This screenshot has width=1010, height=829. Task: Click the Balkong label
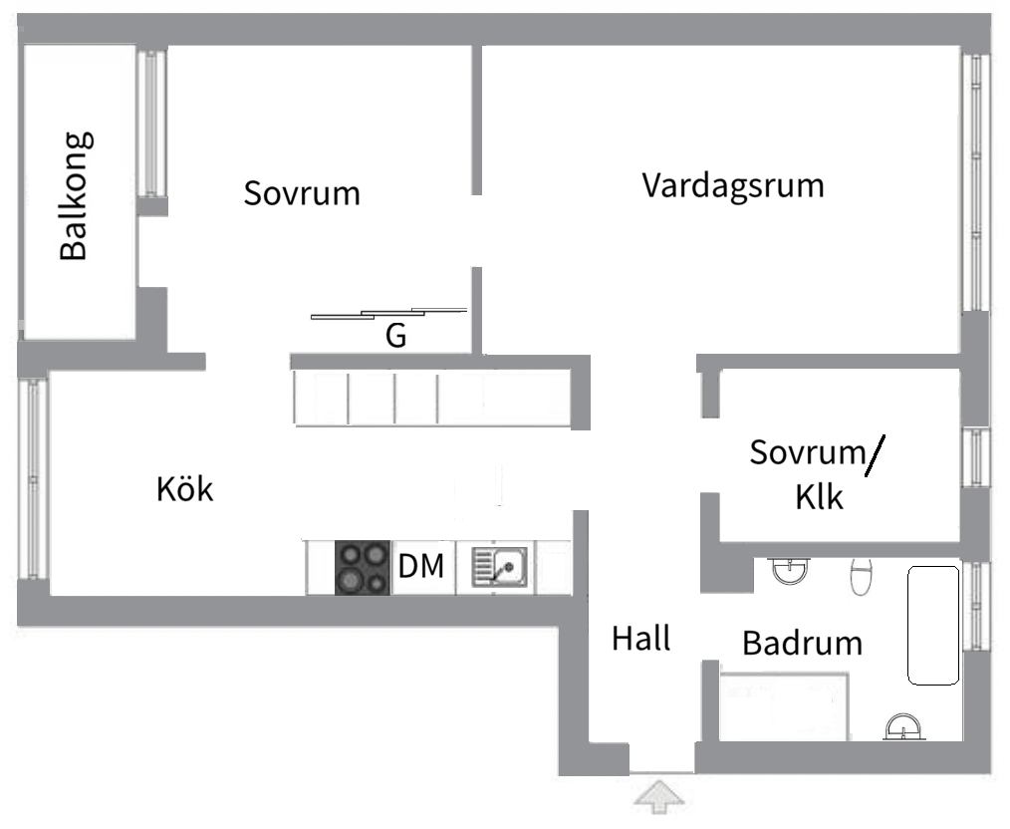click(75, 196)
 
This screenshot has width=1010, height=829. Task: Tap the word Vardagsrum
click(733, 186)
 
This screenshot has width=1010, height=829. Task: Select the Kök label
click(185, 489)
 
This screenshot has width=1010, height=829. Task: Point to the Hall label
click(640, 638)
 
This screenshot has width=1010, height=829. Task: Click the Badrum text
click(802, 643)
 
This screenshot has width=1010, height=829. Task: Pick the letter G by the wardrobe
click(395, 337)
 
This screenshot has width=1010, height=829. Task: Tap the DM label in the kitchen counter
click(421, 567)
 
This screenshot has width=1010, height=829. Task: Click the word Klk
click(819, 496)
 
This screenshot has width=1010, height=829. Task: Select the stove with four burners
click(362, 568)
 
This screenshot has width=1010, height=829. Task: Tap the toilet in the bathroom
click(861, 575)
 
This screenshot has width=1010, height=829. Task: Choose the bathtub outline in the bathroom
click(932, 626)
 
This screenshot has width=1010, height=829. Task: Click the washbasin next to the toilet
click(792, 571)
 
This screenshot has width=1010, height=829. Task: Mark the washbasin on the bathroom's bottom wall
click(904, 727)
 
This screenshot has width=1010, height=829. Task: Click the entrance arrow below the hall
click(660, 797)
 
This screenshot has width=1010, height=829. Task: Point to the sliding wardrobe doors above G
click(388, 314)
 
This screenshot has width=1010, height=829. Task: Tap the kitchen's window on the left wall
click(33, 478)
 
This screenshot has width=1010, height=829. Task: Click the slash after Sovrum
click(874, 456)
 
